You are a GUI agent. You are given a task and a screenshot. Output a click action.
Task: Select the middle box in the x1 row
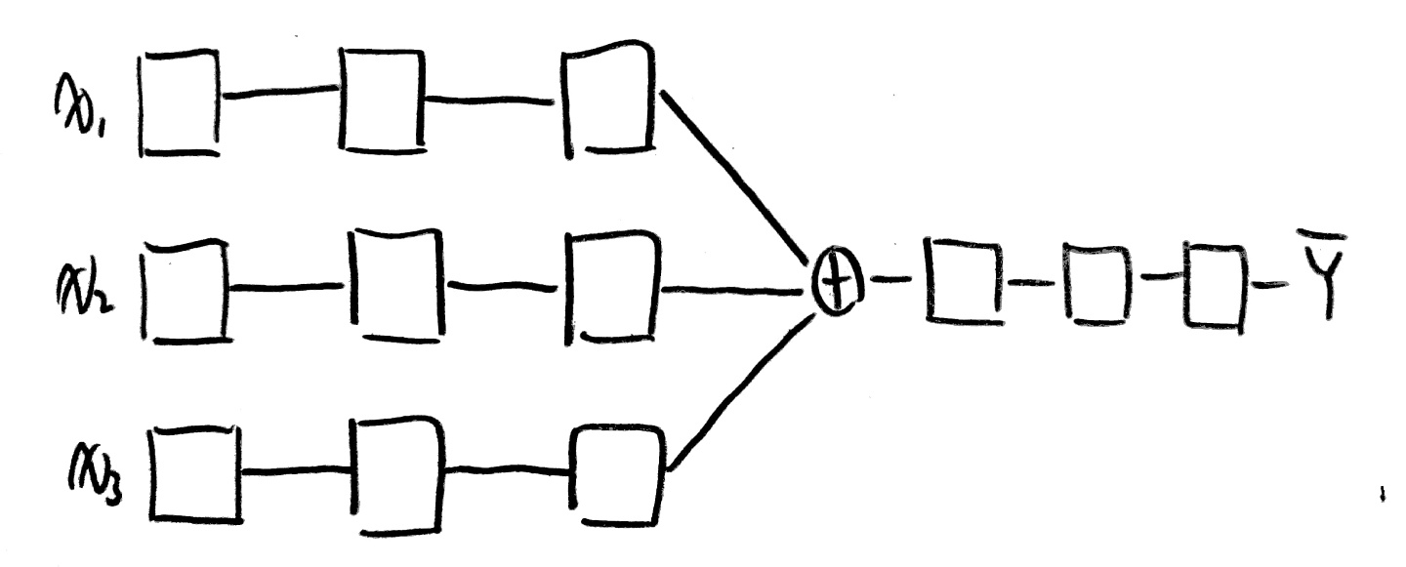382,100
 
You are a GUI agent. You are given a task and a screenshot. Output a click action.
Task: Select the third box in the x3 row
619,474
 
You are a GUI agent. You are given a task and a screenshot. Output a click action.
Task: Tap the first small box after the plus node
964,283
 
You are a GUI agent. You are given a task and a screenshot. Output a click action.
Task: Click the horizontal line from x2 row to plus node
727,290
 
